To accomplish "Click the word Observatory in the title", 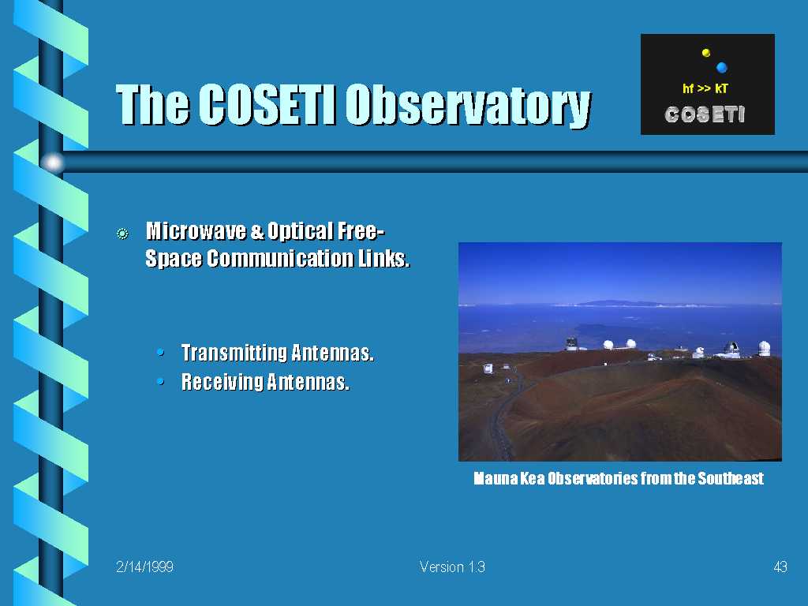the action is (468, 106).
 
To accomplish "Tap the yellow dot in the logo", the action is (706, 53).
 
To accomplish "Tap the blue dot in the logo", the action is (721, 67).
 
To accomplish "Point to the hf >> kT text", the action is (705, 88).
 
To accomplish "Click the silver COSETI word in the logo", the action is (705, 114).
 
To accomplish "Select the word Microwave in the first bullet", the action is (196, 231).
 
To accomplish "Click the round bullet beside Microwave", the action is (122, 234).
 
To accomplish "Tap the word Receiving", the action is (222, 382).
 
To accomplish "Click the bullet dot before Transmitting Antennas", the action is (161, 353).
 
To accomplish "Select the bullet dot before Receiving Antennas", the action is (161, 382).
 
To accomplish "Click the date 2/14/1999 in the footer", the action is (145, 567).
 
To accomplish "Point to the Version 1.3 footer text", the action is (452, 567).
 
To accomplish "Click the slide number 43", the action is (780, 567).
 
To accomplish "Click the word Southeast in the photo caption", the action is (731, 479).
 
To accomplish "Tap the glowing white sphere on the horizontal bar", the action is (53, 163).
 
